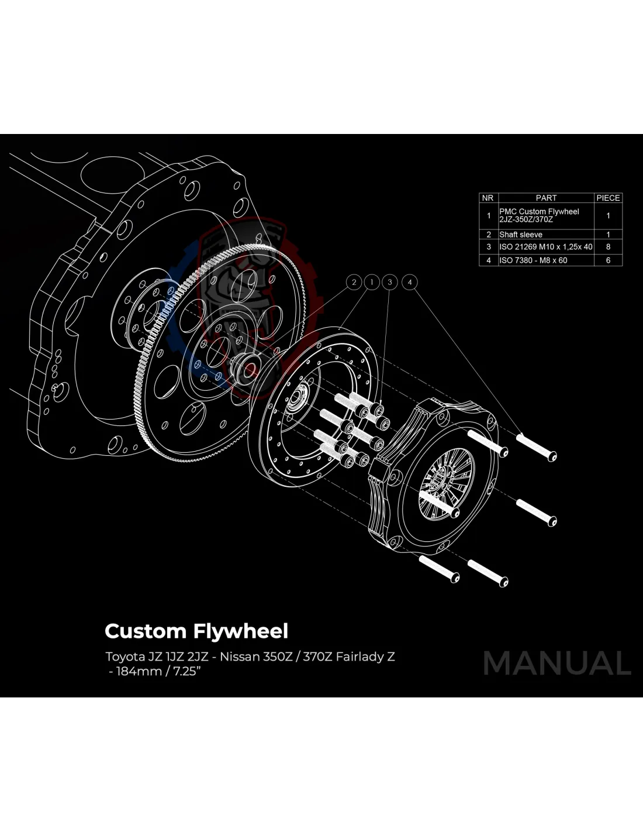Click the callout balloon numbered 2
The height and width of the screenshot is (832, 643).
click(x=354, y=283)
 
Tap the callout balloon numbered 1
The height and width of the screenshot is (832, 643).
click(x=372, y=283)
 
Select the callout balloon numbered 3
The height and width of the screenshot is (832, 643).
click(x=390, y=283)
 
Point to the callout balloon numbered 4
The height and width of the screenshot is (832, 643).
click(x=410, y=283)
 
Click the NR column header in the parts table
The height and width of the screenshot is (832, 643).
click(x=488, y=198)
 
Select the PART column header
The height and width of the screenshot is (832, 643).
click(x=546, y=198)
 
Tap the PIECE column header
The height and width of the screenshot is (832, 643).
click(x=608, y=198)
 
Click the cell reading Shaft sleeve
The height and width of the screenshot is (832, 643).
click(x=521, y=235)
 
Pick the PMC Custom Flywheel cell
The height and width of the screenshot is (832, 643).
click(x=539, y=215)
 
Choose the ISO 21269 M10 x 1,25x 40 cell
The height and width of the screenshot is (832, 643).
click(x=545, y=247)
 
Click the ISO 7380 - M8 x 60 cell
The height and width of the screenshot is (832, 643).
click(x=533, y=260)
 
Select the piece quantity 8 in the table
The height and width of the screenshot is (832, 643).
click(x=608, y=247)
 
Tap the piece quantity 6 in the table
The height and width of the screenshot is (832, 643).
click(x=608, y=260)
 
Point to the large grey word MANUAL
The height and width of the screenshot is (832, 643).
click(x=556, y=663)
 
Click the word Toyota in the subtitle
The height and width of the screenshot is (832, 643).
click(x=124, y=656)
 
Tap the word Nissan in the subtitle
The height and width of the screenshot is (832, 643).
click(x=240, y=656)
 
